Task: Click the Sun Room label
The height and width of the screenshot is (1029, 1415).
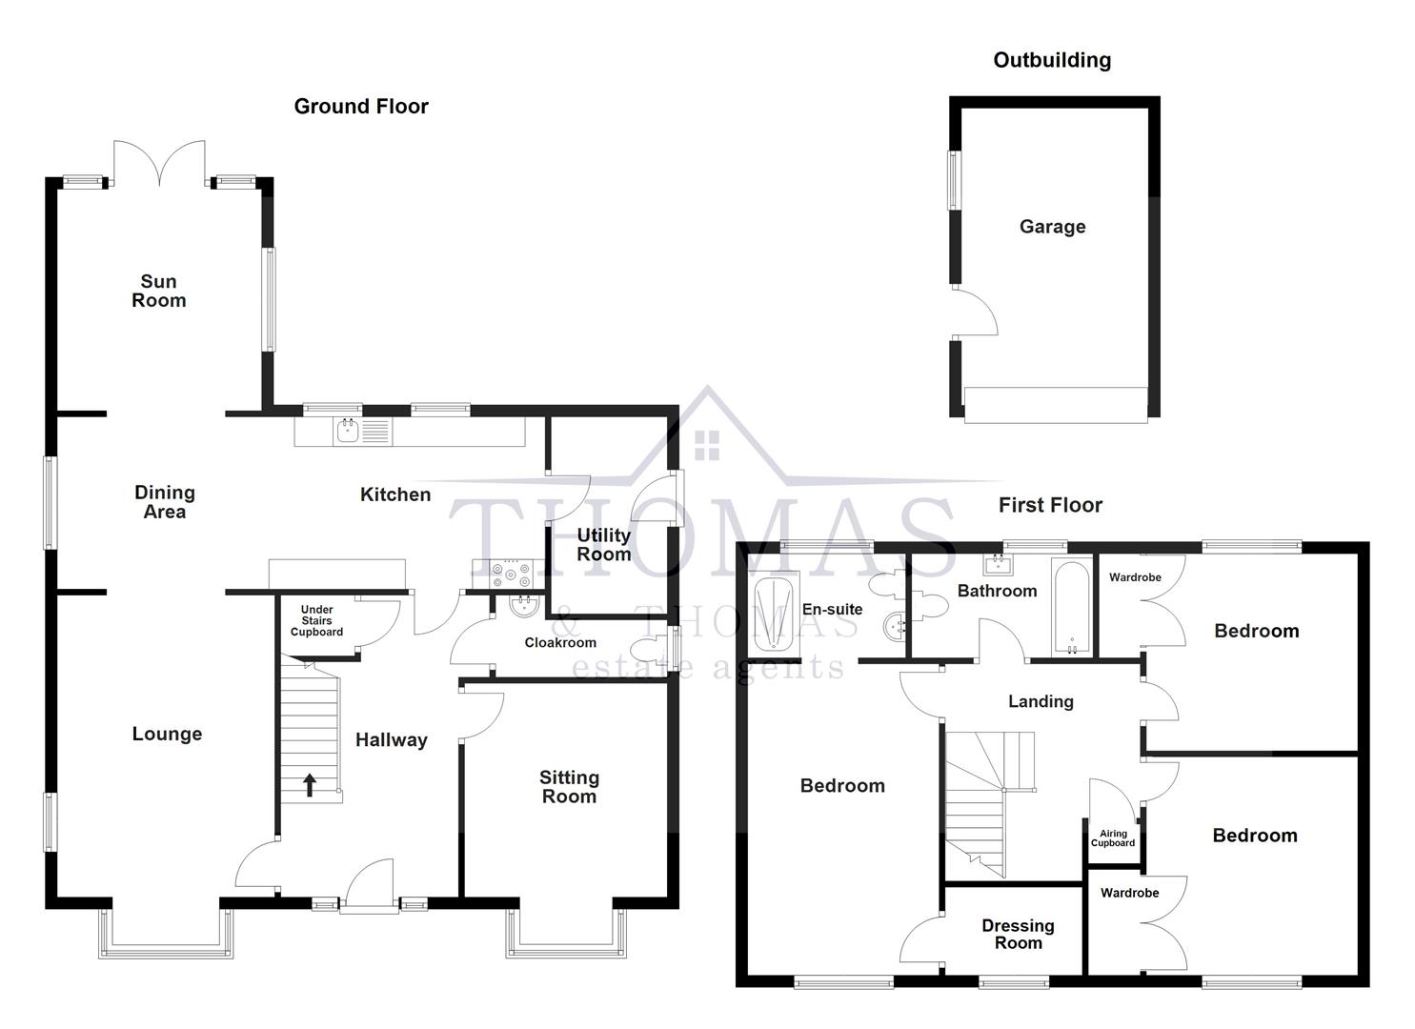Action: pyautogui.click(x=158, y=291)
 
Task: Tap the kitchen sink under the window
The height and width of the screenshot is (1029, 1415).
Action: pyautogui.click(x=362, y=432)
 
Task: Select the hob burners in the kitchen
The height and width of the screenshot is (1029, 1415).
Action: pyautogui.click(x=511, y=575)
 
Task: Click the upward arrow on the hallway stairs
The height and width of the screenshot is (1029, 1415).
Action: pyautogui.click(x=310, y=785)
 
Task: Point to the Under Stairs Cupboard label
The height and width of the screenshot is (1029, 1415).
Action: pyautogui.click(x=316, y=620)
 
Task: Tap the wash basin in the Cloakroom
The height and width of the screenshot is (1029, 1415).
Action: pyautogui.click(x=524, y=607)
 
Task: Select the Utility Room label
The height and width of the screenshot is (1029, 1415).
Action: pyautogui.click(x=604, y=544)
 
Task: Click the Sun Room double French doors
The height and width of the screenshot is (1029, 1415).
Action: pyautogui.click(x=159, y=164)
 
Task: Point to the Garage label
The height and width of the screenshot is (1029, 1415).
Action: pyautogui.click(x=1052, y=226)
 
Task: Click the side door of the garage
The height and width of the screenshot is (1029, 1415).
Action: pyautogui.click(x=975, y=313)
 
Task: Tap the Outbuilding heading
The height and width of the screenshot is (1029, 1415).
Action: pyautogui.click(x=1052, y=60)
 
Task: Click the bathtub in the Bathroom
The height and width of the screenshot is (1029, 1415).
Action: pyautogui.click(x=1071, y=607)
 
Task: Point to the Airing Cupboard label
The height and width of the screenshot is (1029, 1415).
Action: pyautogui.click(x=1112, y=838)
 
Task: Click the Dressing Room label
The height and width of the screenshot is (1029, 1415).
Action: pyautogui.click(x=1018, y=935)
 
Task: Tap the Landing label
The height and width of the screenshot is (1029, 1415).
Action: pyautogui.click(x=1041, y=701)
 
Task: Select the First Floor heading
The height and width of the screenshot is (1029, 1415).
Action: pyautogui.click(x=1050, y=505)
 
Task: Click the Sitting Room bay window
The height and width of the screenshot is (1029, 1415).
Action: pyautogui.click(x=566, y=934)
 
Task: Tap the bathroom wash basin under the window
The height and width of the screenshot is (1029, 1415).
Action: pyautogui.click(x=998, y=564)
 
